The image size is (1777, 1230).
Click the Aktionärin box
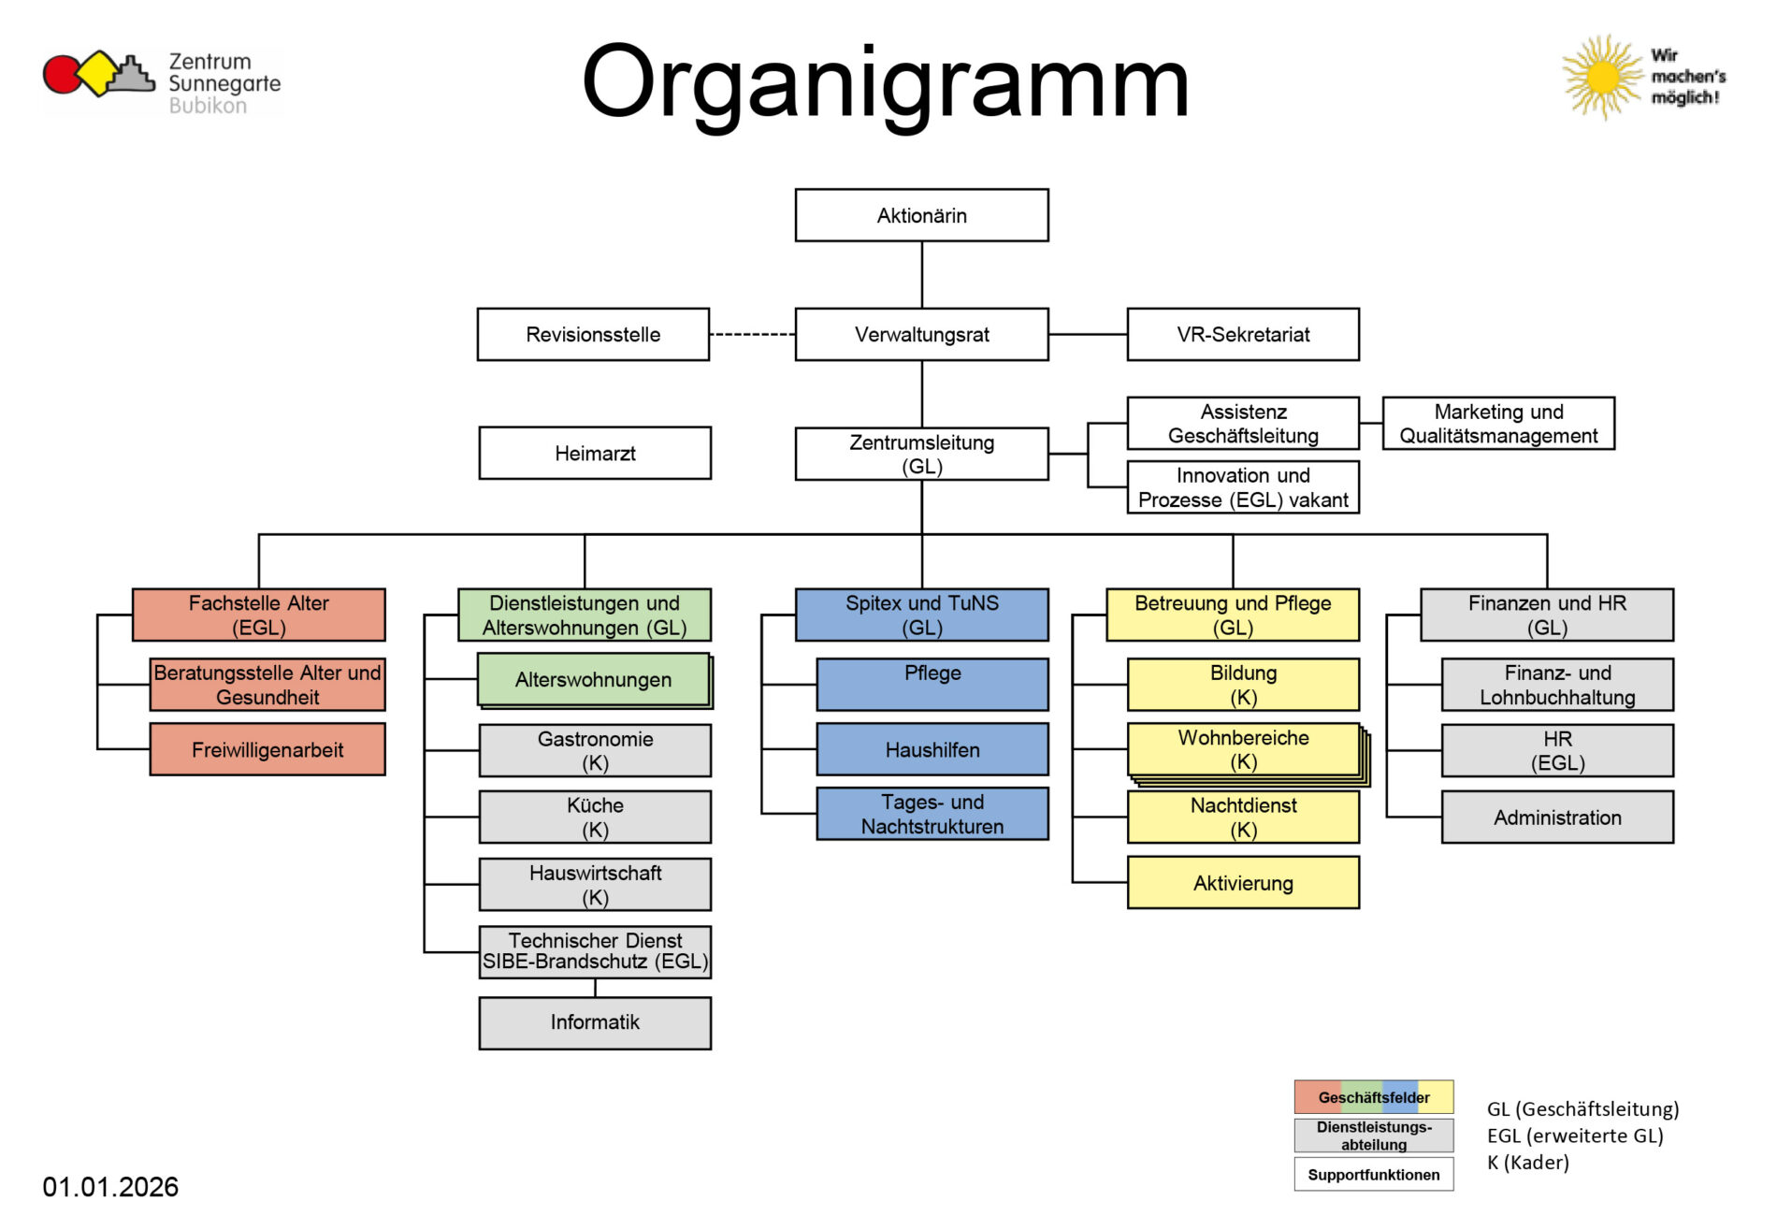tap(921, 215)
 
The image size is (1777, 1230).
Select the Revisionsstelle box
tap(593, 334)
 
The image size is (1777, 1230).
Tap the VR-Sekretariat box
tap(1242, 334)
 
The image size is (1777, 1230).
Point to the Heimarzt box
tap(595, 453)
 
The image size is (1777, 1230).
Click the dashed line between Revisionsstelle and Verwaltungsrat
tap(752, 334)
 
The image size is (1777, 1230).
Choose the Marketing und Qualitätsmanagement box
tap(1497, 423)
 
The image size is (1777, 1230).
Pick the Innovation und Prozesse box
tap(1242, 487)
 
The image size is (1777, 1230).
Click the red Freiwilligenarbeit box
tap(267, 749)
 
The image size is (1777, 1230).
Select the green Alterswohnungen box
tap(593, 679)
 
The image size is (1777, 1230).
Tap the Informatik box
tap(595, 1022)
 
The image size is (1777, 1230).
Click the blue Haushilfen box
tap(932, 749)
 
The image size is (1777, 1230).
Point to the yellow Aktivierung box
tap(1242, 883)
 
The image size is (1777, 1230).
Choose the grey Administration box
tap(1556, 818)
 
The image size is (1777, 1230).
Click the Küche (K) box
tap(595, 817)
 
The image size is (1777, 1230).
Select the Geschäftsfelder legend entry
tap(1373, 1097)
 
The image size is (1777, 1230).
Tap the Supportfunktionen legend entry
tap(1373, 1175)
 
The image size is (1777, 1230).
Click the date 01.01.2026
tap(110, 1187)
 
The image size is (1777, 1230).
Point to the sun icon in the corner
tap(1602, 78)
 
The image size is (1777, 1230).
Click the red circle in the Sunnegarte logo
tap(62, 75)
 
